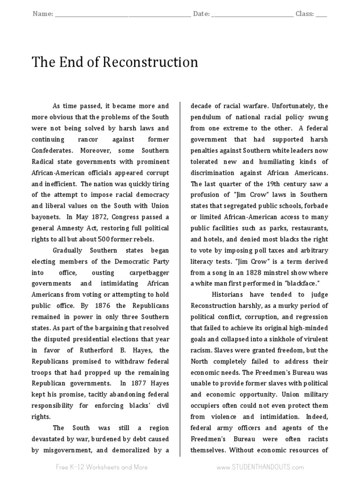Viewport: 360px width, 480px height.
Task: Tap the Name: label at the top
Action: [x=43, y=14]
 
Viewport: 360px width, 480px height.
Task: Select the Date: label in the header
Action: [x=201, y=14]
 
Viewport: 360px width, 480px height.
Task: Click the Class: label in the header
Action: [x=305, y=14]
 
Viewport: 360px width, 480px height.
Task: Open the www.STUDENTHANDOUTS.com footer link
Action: [x=260, y=467]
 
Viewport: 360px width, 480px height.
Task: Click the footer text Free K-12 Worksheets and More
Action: [x=102, y=467]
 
